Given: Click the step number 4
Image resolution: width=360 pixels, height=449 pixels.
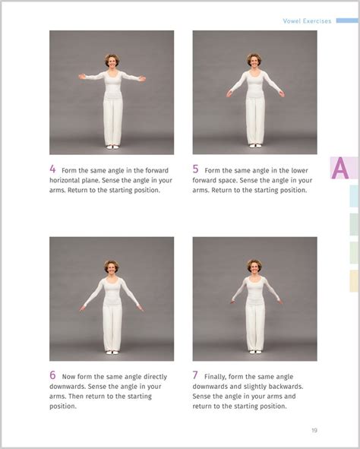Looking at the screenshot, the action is [52, 169].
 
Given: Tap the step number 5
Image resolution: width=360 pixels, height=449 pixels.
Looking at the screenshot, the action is [195, 169].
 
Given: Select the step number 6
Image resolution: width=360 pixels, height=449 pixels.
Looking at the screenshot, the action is [52, 375].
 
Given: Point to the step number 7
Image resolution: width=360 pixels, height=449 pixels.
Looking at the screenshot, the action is [195, 375].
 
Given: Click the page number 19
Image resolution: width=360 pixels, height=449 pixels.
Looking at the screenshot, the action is [314, 431].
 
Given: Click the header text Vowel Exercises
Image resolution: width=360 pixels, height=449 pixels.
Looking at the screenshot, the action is [307, 21].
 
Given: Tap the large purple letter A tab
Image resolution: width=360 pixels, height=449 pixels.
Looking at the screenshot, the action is [340, 168].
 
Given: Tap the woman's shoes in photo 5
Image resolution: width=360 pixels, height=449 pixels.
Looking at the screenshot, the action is [255, 146].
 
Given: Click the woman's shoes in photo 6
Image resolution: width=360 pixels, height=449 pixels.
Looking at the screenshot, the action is [112, 353].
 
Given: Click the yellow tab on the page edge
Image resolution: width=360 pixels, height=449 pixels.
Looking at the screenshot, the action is [354, 281].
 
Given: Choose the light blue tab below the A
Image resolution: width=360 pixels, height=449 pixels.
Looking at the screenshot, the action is [354, 196].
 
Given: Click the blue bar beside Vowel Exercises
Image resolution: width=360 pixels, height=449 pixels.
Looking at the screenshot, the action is [347, 21].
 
